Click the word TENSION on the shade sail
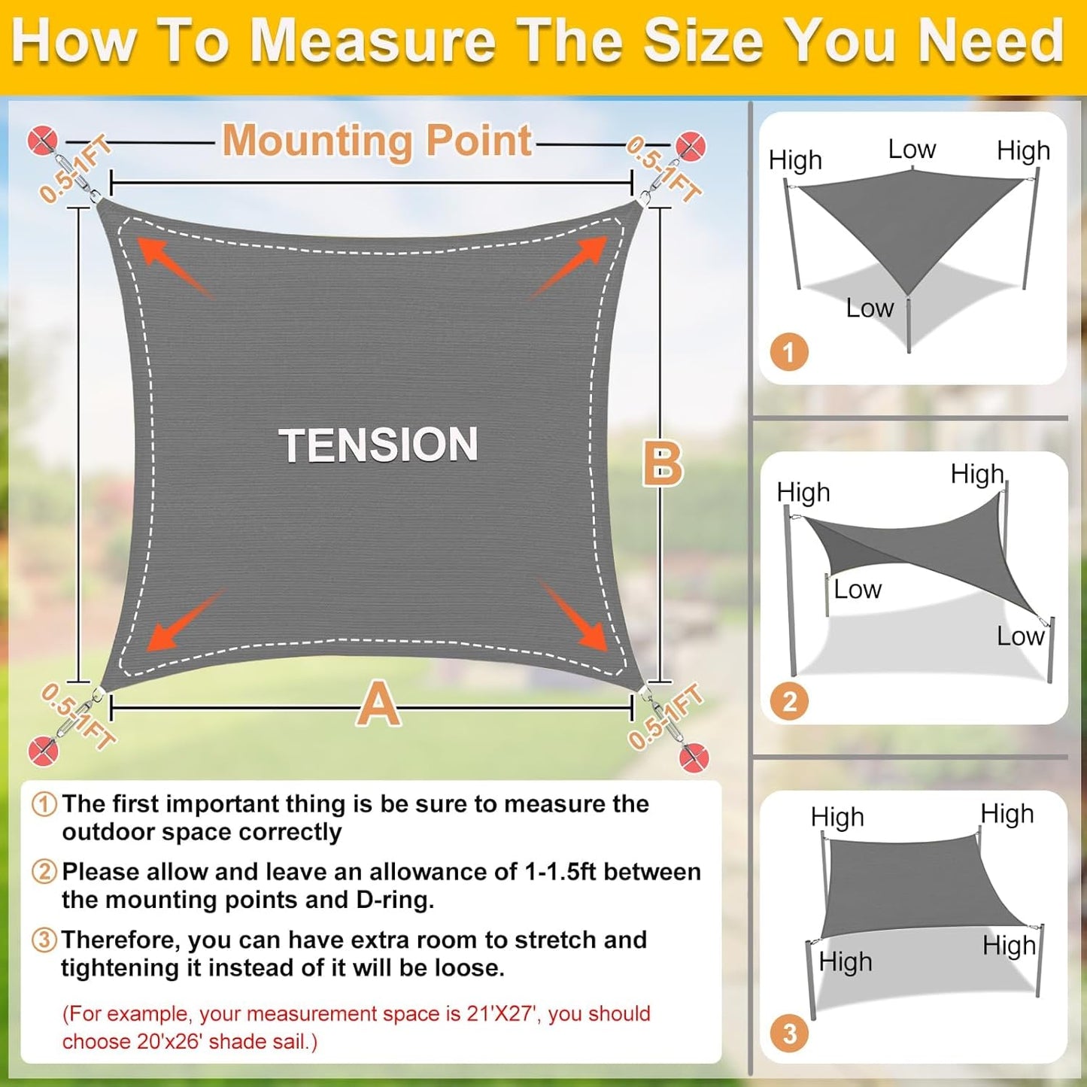tap(378, 445)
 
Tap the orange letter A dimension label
tap(378, 704)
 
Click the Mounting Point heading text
tap(378, 141)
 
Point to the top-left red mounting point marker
tap(42, 141)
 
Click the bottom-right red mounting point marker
tap(694, 757)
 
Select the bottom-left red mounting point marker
tap(43, 751)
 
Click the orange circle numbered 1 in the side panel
tap(788, 352)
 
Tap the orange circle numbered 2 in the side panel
tap(789, 701)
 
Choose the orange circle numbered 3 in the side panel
tap(789, 1034)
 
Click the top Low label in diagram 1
tap(912, 149)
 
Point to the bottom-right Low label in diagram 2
tap(1020, 636)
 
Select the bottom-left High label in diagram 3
tap(846, 961)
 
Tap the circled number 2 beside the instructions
tap(44, 872)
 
